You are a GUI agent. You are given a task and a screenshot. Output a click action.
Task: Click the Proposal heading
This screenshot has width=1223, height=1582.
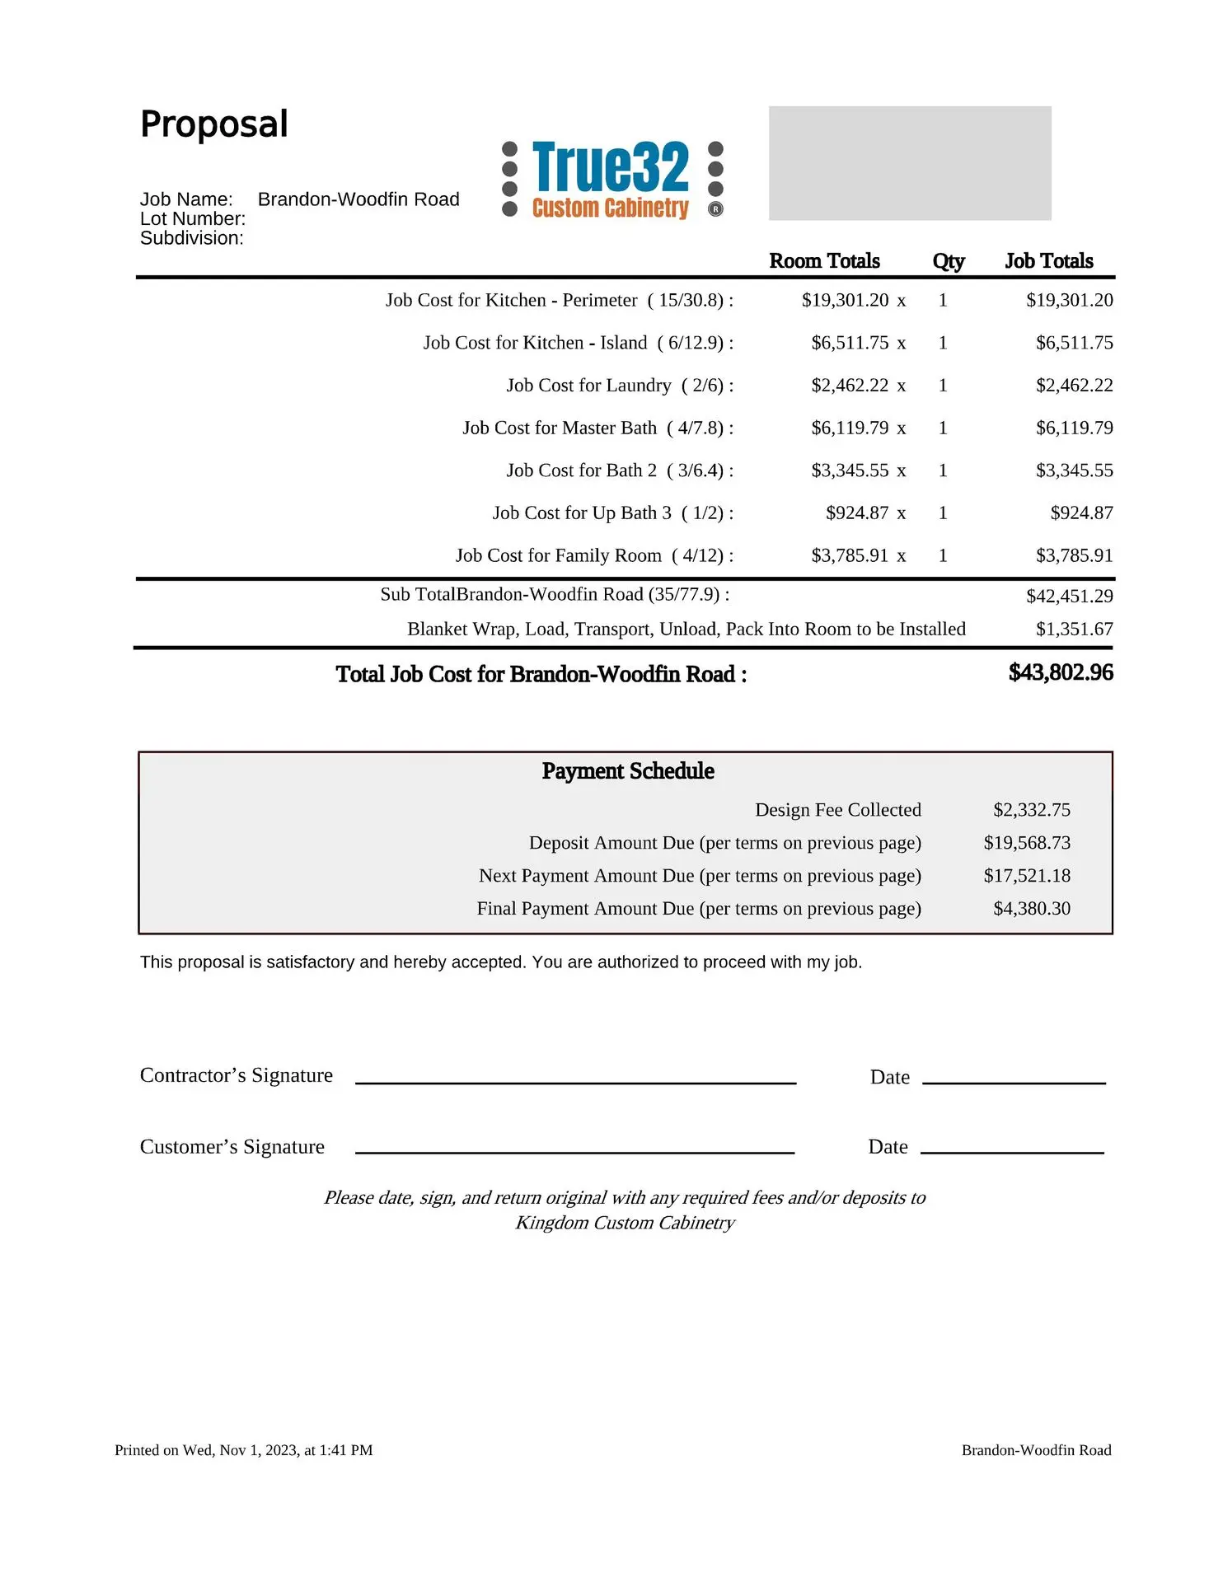pyautogui.click(x=214, y=124)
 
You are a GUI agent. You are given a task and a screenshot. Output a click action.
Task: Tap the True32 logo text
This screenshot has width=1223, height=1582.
pyautogui.click(x=611, y=166)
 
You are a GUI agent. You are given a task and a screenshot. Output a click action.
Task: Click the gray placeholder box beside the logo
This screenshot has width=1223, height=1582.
pyautogui.click(x=909, y=163)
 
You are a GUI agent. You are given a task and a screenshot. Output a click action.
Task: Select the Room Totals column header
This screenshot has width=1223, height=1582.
pyautogui.click(x=824, y=261)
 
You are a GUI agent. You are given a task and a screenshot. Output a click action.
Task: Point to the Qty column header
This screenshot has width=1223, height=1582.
pyautogui.click(x=948, y=261)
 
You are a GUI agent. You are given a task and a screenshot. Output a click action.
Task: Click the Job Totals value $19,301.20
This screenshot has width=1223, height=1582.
pyautogui.click(x=1069, y=300)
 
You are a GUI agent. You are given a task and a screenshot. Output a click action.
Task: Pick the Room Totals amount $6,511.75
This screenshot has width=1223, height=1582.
pyautogui.click(x=850, y=343)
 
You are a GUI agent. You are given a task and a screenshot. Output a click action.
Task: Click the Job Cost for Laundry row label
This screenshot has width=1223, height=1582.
pyautogui.click(x=620, y=386)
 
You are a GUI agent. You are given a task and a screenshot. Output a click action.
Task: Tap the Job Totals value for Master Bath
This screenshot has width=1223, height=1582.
pyautogui.click(x=1074, y=428)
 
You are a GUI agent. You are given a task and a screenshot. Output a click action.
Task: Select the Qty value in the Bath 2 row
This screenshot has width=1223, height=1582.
pyautogui.click(x=943, y=470)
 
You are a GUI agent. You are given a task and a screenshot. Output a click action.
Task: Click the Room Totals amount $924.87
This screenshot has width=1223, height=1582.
pyautogui.click(x=857, y=513)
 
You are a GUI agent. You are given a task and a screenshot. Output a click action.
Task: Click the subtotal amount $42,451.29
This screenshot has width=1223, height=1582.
pyautogui.click(x=1069, y=596)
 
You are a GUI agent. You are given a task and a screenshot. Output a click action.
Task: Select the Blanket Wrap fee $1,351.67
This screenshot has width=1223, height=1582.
pyautogui.click(x=1074, y=630)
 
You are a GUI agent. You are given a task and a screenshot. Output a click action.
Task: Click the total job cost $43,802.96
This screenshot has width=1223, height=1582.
pyautogui.click(x=1061, y=672)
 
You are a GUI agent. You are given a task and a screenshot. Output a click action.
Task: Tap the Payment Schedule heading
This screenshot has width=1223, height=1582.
pyautogui.click(x=628, y=771)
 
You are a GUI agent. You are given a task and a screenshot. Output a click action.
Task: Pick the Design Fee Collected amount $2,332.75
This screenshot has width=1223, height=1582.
pyautogui.click(x=1031, y=810)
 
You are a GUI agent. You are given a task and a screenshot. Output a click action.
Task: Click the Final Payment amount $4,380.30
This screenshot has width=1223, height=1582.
pyautogui.click(x=1031, y=909)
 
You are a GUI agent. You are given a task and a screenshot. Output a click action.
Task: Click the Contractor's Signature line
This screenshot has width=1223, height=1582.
pyautogui.click(x=575, y=1081)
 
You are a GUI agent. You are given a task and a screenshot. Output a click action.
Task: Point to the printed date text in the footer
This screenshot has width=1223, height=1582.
pyautogui.click(x=244, y=1450)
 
